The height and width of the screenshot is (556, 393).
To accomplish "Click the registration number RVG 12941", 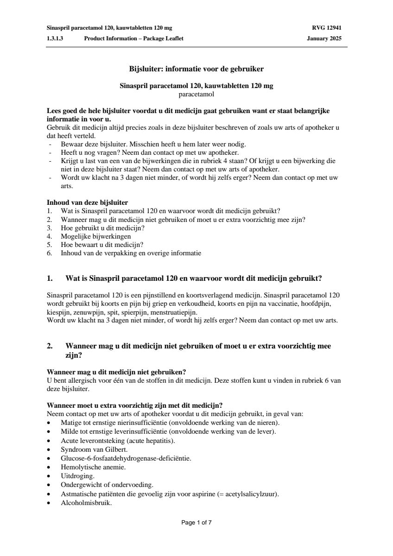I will coord(327,28).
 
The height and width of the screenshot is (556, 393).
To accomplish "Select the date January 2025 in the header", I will coord(324,38).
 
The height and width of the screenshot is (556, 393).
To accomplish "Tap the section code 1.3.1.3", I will coord(55,38).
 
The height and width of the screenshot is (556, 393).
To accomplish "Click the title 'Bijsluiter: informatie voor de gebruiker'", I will coord(196,69).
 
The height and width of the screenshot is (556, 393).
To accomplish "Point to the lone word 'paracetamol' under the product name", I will coord(196,94).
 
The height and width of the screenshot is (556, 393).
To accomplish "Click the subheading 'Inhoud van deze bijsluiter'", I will coord(88,202).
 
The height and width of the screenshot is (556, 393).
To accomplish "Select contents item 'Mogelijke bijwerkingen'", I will coord(95,236).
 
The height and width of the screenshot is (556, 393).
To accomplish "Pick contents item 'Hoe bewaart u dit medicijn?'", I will coord(102,245).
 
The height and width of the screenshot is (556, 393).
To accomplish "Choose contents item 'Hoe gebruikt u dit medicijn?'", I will coord(102,228).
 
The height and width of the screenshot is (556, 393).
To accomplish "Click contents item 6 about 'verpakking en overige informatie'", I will coord(131,253).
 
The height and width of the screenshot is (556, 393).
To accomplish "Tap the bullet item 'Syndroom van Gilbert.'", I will coord(94,449).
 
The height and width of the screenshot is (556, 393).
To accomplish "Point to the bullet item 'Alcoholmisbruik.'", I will coord(86,502).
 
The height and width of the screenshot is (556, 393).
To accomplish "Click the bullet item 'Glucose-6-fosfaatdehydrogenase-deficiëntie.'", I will coord(126,458).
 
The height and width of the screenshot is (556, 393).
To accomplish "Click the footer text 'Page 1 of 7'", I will coord(196,523).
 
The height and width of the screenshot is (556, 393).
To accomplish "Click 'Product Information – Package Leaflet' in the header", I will coord(133,38).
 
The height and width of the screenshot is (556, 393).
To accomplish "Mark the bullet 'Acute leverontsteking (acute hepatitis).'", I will coord(118,441).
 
